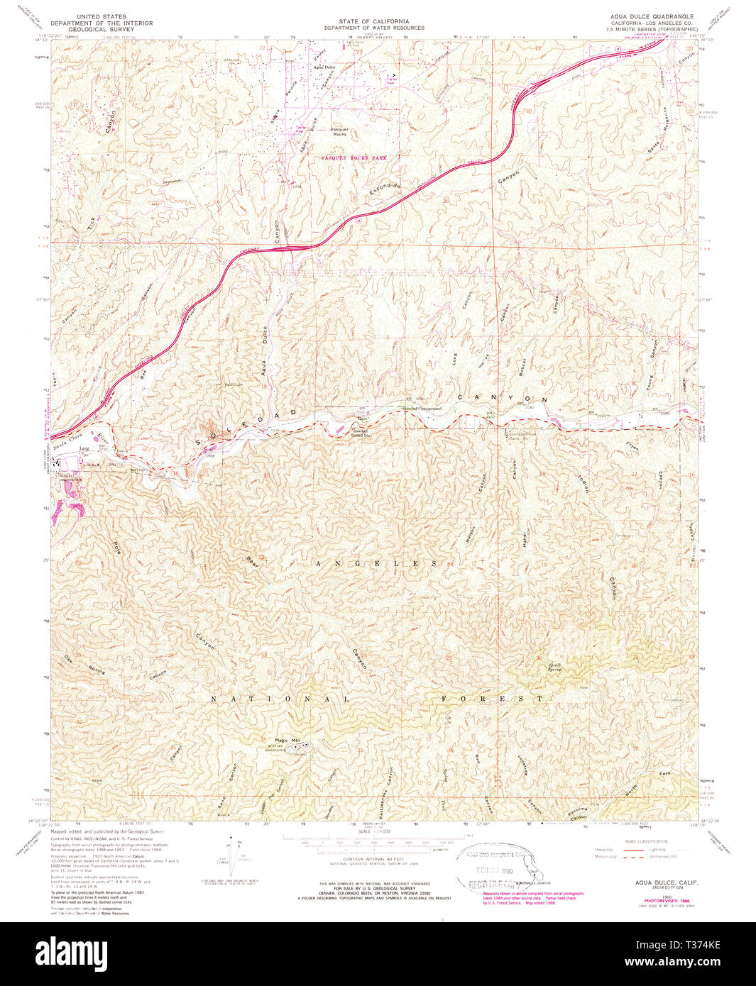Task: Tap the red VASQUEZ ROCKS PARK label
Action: pos(354,157)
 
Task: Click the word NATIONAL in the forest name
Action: pos(279,699)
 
